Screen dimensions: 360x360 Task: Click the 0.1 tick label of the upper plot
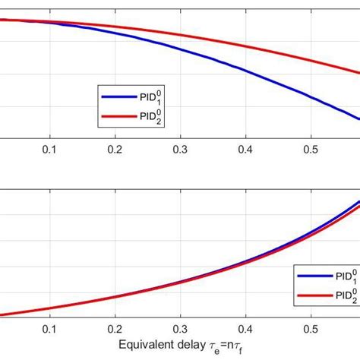50,149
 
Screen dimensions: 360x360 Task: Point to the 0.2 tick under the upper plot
115,149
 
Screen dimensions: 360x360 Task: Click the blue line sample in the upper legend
112,96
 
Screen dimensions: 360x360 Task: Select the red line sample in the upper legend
112,116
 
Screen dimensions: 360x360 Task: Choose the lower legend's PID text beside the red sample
337,295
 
